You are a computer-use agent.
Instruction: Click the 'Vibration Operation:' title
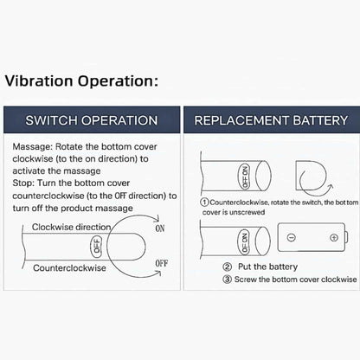pyautogui.click(x=81, y=81)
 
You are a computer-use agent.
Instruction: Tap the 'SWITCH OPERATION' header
pyautogui.click(x=92, y=120)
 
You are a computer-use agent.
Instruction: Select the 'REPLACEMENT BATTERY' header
pyautogui.click(x=271, y=120)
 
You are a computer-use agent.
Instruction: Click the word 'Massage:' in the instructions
pyautogui.click(x=33, y=146)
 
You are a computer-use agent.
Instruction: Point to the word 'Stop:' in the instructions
pyautogui.click(x=23, y=183)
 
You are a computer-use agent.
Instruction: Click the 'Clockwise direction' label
pyautogui.click(x=71, y=227)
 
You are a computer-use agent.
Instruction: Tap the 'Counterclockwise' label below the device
pyautogui.click(x=69, y=268)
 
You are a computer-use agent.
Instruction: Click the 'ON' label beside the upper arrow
pyautogui.click(x=160, y=228)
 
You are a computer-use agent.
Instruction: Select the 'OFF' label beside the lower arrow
pyautogui.click(x=162, y=263)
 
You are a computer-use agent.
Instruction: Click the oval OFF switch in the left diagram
pyautogui.click(x=97, y=246)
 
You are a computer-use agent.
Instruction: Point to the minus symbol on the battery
pyautogui.click(x=292, y=238)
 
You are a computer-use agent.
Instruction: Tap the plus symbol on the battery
pyautogui.click(x=334, y=238)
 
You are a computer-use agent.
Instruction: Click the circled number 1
pyautogui.click(x=204, y=202)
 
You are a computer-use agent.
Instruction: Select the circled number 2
pyautogui.click(x=228, y=267)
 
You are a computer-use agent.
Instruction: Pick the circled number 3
pyautogui.click(x=228, y=280)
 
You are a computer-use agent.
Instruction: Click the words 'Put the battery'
pyautogui.click(x=267, y=267)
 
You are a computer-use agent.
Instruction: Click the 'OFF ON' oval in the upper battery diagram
pyautogui.click(x=245, y=177)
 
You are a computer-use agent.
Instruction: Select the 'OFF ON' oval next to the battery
pyautogui.click(x=244, y=242)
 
